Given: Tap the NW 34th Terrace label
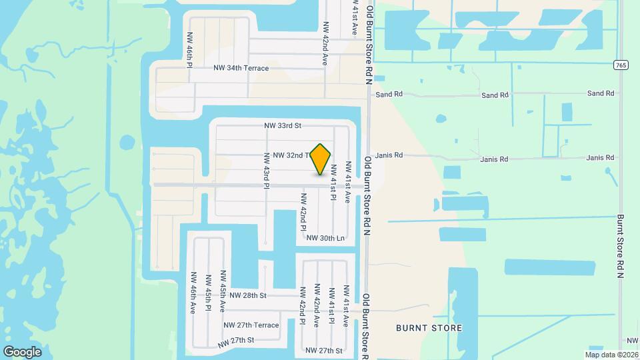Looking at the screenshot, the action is pyautogui.click(x=241, y=68).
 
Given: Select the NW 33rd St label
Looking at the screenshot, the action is pyautogui.click(x=283, y=125).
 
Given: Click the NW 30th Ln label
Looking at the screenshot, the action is pyautogui.click(x=325, y=237).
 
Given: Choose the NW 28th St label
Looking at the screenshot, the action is pyautogui.click(x=248, y=295).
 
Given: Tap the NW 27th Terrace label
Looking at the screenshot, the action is pyautogui.click(x=251, y=325).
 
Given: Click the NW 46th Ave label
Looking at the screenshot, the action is pyautogui.click(x=193, y=292).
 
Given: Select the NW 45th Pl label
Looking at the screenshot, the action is pyautogui.click(x=208, y=292).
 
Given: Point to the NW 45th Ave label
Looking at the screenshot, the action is pyautogui.click(x=223, y=291).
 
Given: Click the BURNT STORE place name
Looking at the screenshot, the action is pyautogui.click(x=429, y=328).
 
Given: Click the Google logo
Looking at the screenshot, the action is pyautogui.click(x=22, y=351).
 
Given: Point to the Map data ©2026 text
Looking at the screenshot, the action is pyautogui.click(x=611, y=355).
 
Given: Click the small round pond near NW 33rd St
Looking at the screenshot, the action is pyautogui.click(x=127, y=142).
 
